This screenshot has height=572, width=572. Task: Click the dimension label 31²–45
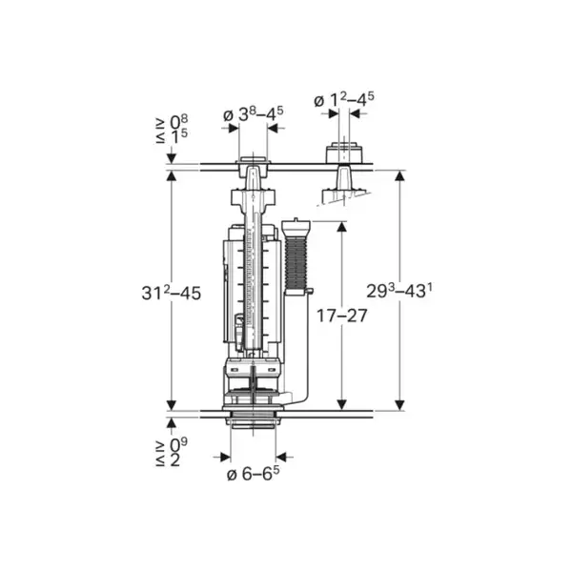click(x=171, y=293)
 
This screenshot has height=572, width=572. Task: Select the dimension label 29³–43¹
click(x=399, y=291)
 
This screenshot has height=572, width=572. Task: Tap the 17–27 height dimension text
click(x=341, y=316)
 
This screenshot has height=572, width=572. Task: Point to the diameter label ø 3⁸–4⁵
click(x=254, y=114)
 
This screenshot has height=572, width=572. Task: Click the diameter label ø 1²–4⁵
click(x=344, y=100)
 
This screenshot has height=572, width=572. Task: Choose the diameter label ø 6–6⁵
click(x=254, y=474)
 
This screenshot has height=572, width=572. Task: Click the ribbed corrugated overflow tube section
click(x=296, y=262)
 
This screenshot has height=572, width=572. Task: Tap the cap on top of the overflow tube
click(x=296, y=226)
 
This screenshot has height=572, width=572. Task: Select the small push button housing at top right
click(x=344, y=153)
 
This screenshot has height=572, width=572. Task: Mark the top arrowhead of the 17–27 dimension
click(x=341, y=227)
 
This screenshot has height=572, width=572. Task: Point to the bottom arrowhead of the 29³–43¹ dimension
click(x=400, y=405)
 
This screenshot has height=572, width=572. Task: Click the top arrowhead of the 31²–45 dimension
click(x=172, y=175)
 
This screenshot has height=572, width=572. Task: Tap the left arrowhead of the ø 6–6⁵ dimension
click(x=225, y=457)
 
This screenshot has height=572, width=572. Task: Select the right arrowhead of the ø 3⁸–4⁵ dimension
click(x=273, y=128)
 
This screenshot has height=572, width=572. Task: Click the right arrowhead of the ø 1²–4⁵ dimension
click(x=355, y=113)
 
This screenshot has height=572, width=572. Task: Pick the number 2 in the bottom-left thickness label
click(x=175, y=460)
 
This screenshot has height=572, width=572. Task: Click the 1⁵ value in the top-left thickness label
click(x=179, y=135)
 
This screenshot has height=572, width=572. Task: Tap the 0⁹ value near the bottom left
click(x=179, y=445)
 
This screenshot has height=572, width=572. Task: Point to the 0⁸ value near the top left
click(x=179, y=122)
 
